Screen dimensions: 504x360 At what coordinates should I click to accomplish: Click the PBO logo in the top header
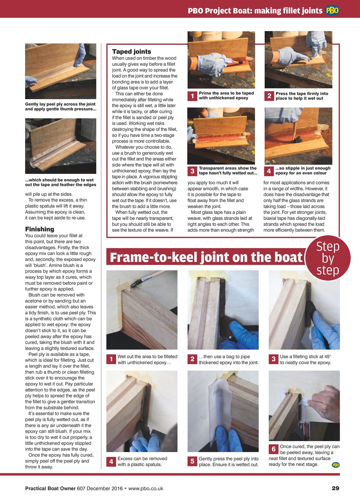pyautogui.click(x=332, y=11)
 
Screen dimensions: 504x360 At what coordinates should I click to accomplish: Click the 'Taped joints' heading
pyautogui.click(x=132, y=52)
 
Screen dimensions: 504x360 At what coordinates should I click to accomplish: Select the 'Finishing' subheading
pyautogui.click(x=39, y=229)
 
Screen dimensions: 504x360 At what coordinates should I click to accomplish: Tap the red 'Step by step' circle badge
pyautogui.click(x=327, y=258)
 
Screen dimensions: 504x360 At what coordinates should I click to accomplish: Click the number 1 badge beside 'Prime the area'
pyautogui.click(x=192, y=96)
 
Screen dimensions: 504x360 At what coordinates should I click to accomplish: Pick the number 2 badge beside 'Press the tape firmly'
pyautogui.click(x=269, y=96)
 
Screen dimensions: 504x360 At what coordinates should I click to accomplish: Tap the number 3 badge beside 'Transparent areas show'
pyautogui.click(x=192, y=171)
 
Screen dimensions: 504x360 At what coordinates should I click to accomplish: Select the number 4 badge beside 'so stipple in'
pyautogui.click(x=269, y=171)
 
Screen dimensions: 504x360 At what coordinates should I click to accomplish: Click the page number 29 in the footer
pyautogui.click(x=335, y=488)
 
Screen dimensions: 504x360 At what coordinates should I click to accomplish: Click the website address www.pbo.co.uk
pyautogui.click(x=146, y=488)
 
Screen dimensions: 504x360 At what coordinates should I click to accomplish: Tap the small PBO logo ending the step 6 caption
pyautogui.click(x=336, y=465)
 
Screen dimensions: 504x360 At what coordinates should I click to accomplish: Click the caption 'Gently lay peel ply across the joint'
pyautogui.click(x=61, y=106)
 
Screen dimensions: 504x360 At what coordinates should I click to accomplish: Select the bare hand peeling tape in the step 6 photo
pyautogui.click(x=325, y=398)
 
